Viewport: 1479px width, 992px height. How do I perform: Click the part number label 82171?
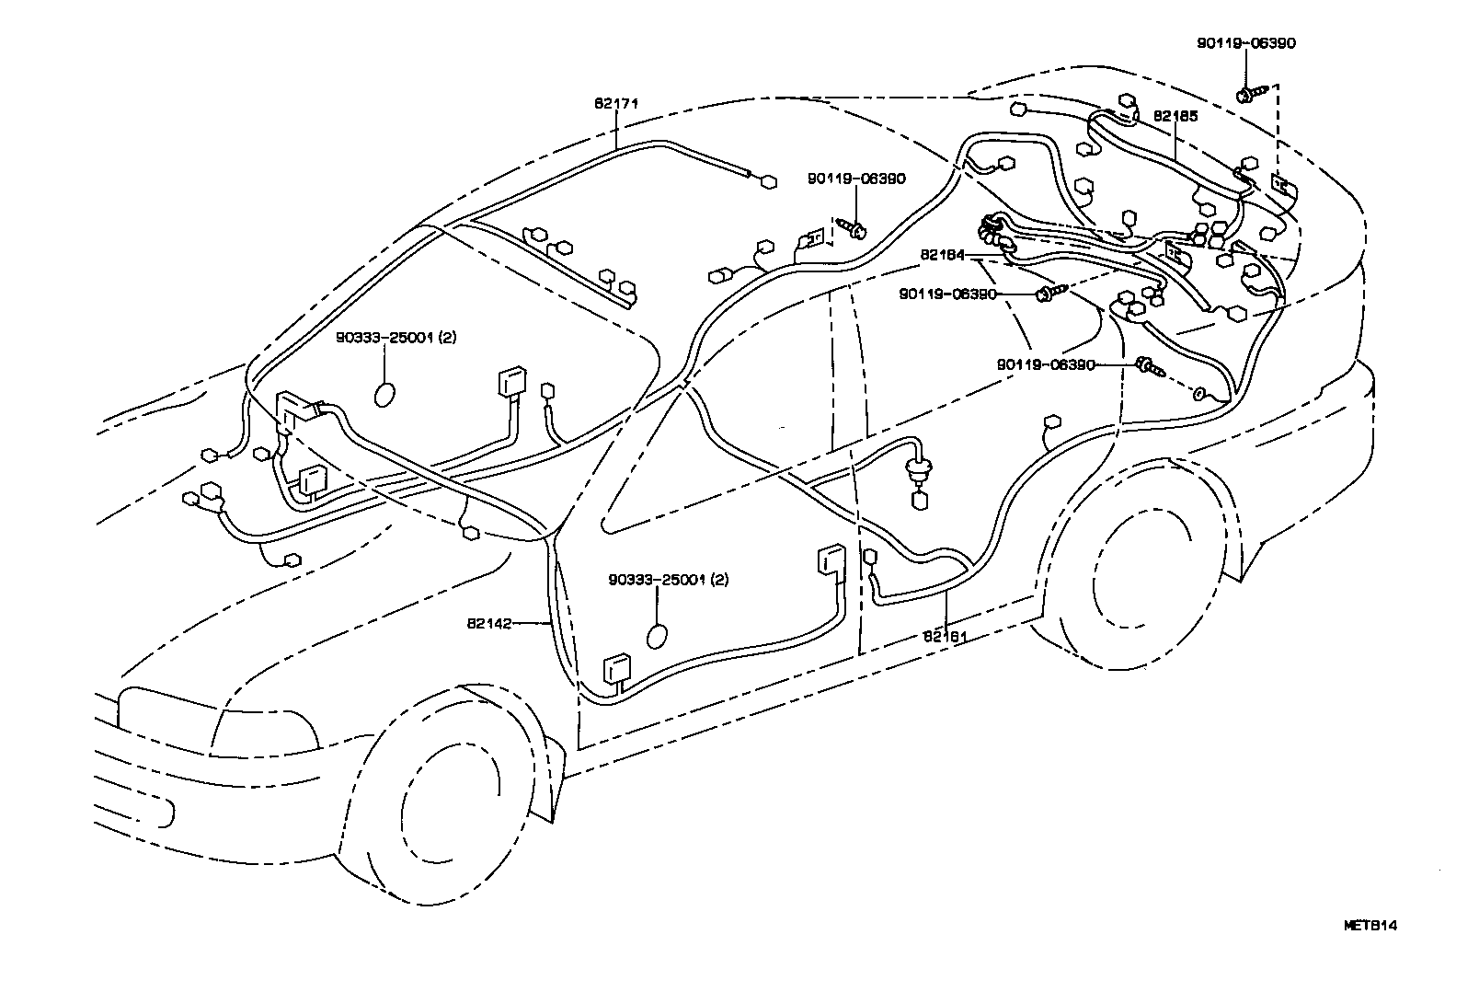(615, 104)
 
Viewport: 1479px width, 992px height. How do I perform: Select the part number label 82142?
(488, 623)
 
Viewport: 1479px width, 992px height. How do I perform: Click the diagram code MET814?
(1370, 926)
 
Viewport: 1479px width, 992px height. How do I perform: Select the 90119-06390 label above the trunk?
(1246, 43)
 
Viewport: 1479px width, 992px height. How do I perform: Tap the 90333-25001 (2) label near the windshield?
(396, 338)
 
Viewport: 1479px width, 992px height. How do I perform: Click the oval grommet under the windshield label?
(384, 394)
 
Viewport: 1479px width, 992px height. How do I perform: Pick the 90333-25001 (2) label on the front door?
(669, 580)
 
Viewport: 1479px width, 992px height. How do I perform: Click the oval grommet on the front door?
(658, 638)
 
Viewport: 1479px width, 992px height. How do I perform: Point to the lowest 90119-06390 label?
(1046, 364)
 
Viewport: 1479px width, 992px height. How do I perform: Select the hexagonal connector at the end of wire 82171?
(766, 181)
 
